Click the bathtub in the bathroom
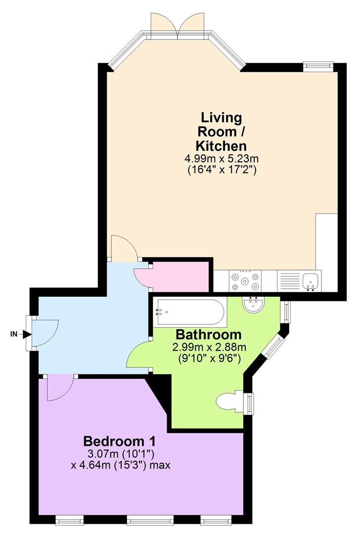point(190,312)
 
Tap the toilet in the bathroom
point(229,401)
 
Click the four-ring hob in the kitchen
point(245,281)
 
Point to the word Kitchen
point(221,146)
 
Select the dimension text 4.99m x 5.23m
point(222,159)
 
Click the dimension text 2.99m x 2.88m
point(209,347)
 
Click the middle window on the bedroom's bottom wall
point(150,519)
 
